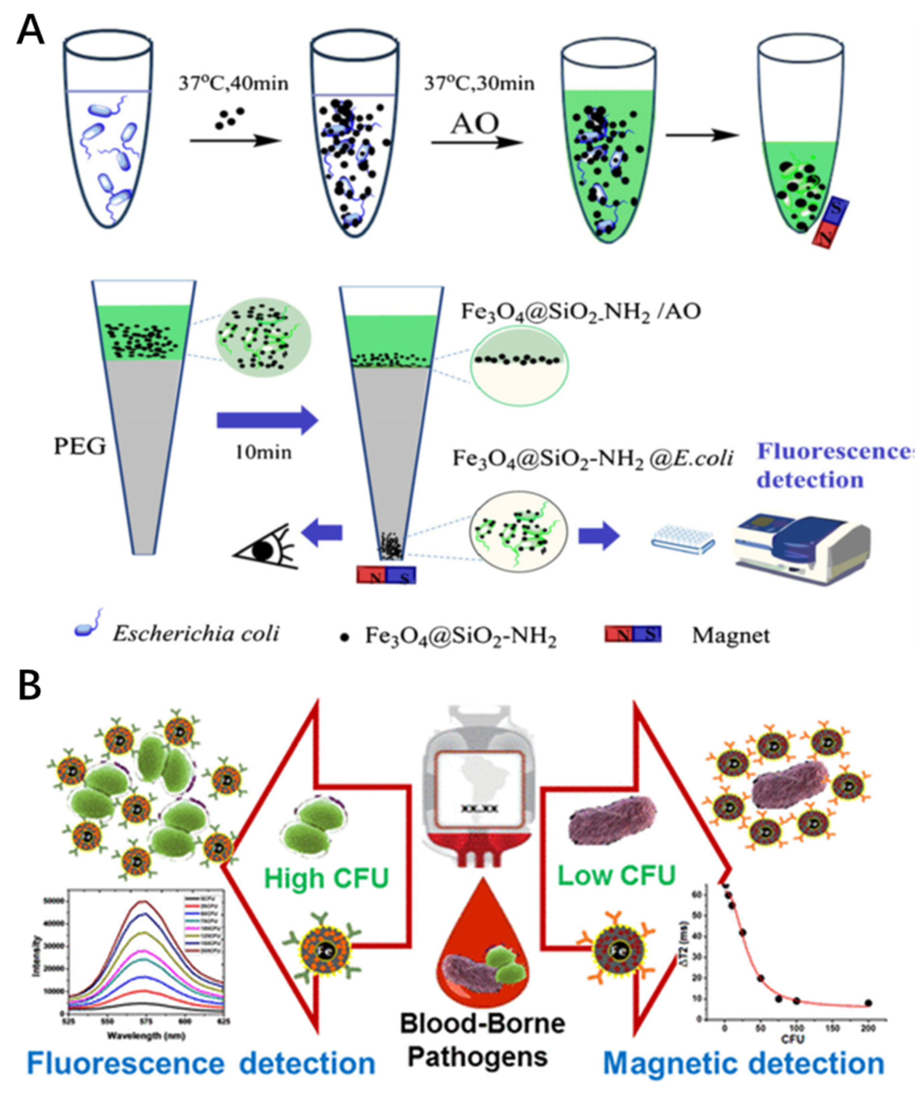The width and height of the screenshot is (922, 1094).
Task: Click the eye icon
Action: coord(265,548)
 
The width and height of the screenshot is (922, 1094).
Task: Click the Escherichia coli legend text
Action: coord(196,634)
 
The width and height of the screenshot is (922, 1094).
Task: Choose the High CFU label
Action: coord(326,878)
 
